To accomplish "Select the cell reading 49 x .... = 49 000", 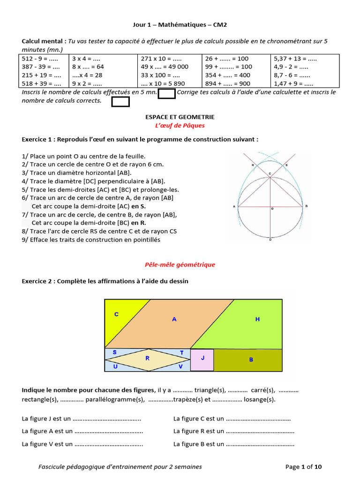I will point(165,67).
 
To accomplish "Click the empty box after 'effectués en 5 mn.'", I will point(166,94).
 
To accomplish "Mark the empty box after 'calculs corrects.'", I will point(120,102).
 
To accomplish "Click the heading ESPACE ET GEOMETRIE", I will point(180,117).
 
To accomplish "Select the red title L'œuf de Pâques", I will point(180,126).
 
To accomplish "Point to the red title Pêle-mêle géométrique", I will point(180,265).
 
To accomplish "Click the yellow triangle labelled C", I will point(115,319).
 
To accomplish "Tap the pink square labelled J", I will point(202,360).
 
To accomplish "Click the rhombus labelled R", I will point(148,359).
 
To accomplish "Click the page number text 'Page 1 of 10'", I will point(303,467).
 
